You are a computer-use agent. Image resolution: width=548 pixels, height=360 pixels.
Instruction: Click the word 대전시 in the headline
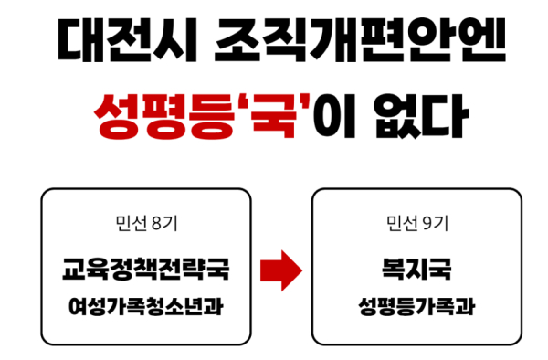click(128, 40)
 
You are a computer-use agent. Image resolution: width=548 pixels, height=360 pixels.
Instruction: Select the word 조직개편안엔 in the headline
click(360, 40)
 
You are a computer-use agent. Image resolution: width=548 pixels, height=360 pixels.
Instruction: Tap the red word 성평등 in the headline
click(164, 116)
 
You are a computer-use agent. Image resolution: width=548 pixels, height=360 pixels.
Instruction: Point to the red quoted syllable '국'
click(274, 115)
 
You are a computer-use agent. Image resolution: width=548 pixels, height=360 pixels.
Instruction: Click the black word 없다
click(421, 116)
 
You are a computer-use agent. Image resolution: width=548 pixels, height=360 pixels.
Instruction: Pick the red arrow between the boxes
click(281, 270)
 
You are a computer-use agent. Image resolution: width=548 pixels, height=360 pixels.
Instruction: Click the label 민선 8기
click(146, 223)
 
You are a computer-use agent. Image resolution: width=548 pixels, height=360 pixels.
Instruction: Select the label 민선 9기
click(417, 223)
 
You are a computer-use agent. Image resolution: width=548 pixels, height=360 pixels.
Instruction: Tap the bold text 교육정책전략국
click(146, 269)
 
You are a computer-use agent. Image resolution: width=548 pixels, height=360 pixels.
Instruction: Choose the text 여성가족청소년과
click(146, 306)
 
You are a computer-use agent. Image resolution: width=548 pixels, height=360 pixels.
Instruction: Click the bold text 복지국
click(416, 269)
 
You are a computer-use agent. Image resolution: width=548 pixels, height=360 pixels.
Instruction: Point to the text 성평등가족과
click(416, 306)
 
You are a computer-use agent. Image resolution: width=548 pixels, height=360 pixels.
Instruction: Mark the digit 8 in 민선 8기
click(156, 224)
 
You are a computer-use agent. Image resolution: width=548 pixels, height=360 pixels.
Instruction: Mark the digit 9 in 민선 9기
click(427, 224)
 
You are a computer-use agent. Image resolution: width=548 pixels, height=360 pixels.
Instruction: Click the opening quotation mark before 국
click(244, 101)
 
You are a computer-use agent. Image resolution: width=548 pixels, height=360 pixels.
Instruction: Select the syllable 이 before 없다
click(333, 116)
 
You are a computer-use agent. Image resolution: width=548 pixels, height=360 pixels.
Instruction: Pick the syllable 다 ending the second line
click(446, 116)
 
